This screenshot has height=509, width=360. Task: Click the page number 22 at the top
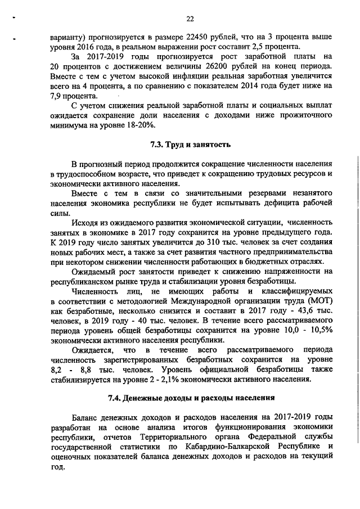pyautogui.click(x=190, y=18)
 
